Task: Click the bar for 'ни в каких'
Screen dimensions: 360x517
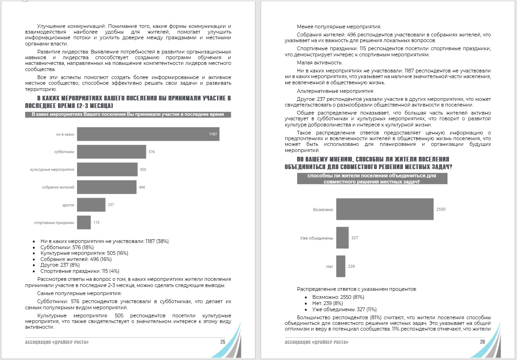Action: coord(148,134)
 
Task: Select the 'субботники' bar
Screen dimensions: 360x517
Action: coord(111,152)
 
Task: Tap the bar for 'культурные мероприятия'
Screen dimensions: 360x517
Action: coord(107,169)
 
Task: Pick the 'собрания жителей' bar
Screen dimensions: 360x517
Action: coord(107,187)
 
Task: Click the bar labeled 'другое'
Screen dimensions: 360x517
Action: coord(91,205)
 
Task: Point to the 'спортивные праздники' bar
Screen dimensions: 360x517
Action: coord(84,222)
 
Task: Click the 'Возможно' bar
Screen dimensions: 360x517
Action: coord(385,209)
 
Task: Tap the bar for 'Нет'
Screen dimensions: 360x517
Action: coord(341,266)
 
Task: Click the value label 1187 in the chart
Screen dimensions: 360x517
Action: coord(213,134)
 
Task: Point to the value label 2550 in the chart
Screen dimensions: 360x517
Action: coord(441,209)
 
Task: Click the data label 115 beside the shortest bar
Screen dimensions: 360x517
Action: coord(96,222)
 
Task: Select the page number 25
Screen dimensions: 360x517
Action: coord(223,342)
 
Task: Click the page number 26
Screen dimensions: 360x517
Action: coord(482,342)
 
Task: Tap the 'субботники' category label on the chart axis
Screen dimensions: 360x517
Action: coord(64,152)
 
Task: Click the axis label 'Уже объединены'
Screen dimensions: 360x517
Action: coord(317,238)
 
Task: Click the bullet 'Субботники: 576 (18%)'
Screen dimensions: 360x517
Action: coord(67,247)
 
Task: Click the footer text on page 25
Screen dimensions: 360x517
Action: coord(57,342)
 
